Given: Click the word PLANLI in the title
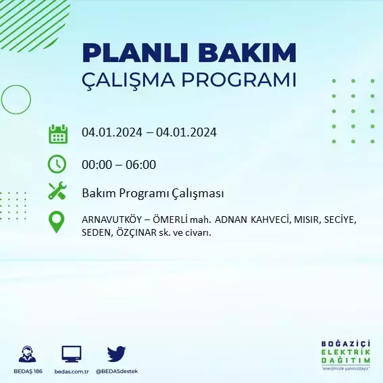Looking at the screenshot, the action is [x=135, y=53].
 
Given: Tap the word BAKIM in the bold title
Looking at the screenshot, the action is [x=247, y=53].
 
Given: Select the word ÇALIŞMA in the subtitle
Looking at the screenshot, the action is [x=128, y=80].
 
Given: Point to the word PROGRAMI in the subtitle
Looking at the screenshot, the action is [x=239, y=80].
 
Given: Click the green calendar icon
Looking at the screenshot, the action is [x=58, y=134].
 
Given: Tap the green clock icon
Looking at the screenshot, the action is [x=57, y=164].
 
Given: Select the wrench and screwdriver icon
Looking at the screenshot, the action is [x=57, y=190].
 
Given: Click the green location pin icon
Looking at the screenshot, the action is [x=57, y=222].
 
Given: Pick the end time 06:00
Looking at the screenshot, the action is [x=141, y=164].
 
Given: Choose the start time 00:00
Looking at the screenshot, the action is [x=97, y=164].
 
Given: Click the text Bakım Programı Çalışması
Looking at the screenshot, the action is [x=153, y=193].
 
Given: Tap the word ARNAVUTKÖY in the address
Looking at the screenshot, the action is [x=111, y=220].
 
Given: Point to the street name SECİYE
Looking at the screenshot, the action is [x=340, y=220].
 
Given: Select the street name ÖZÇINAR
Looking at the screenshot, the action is [x=136, y=232].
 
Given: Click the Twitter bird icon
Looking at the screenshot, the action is [x=116, y=353].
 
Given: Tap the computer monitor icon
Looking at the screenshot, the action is [x=72, y=354].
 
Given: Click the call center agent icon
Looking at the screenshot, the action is [x=27, y=354].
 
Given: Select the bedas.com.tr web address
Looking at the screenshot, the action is [x=72, y=372].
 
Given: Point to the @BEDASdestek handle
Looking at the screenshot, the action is [x=117, y=372].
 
